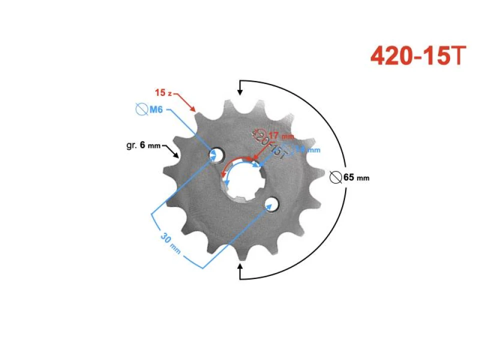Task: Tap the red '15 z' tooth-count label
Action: [163, 93]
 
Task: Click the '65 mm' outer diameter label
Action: [355, 177]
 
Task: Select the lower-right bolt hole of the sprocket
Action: [271, 203]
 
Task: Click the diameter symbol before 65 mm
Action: [336, 177]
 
